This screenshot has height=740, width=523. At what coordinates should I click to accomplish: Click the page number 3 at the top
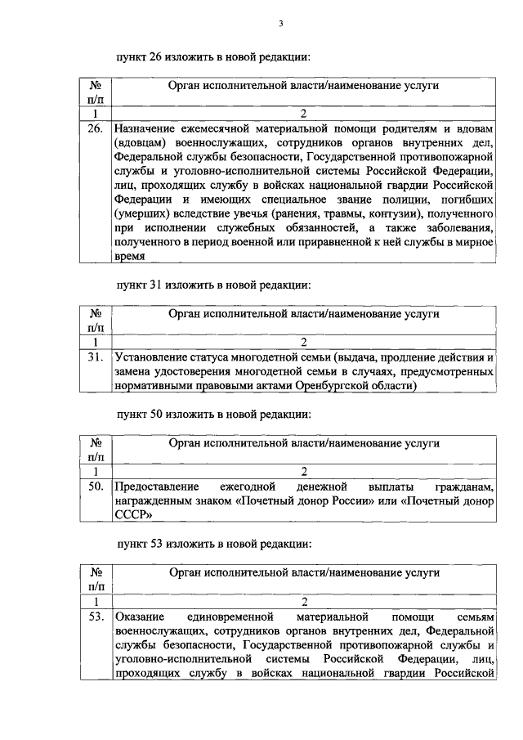pyautogui.click(x=280, y=24)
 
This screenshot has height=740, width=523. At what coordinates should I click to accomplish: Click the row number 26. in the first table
pyautogui.click(x=94, y=128)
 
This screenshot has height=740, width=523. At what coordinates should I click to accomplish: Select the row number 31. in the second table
pyautogui.click(x=94, y=357)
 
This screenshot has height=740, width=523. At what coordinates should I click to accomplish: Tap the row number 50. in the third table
pyautogui.click(x=94, y=487)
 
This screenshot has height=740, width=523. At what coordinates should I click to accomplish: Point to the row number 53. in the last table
pyautogui.click(x=94, y=616)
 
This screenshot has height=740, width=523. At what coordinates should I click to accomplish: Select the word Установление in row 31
pyautogui.click(x=151, y=357)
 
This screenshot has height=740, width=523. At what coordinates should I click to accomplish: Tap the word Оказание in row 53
pyautogui.click(x=141, y=616)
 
